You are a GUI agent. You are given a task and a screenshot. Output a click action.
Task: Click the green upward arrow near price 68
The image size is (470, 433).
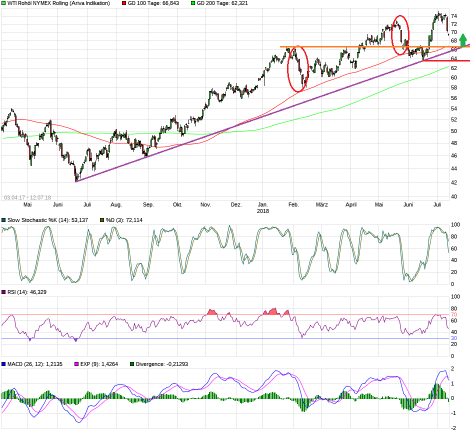(463, 40)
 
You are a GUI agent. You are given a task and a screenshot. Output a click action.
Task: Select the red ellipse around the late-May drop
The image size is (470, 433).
(400, 35)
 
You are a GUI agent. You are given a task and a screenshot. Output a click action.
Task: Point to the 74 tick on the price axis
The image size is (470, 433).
(454, 16)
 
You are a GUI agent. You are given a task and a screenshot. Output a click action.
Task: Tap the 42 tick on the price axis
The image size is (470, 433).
(454, 182)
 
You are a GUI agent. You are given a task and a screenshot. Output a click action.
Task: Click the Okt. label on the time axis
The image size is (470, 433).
(177, 204)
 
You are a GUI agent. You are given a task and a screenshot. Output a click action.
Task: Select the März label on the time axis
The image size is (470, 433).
(322, 204)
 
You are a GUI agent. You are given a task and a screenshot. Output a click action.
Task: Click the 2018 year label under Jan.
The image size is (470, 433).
(263, 211)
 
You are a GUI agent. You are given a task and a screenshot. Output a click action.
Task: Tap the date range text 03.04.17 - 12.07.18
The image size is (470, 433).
(27, 197)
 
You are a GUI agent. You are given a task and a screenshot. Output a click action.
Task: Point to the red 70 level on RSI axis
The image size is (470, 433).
(454, 315)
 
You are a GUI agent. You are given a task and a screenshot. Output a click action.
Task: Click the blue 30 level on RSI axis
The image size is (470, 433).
(454, 338)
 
